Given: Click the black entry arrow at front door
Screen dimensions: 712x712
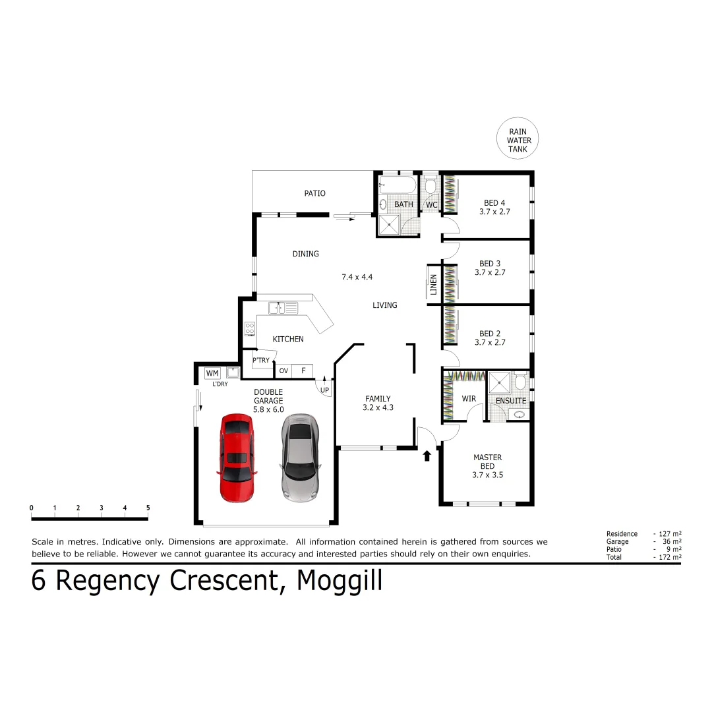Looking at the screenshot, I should (427, 455).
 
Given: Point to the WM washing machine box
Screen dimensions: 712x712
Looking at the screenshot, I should (212, 373).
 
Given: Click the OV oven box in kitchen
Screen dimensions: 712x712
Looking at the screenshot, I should (283, 371).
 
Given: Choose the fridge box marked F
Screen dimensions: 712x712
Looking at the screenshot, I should (303, 371).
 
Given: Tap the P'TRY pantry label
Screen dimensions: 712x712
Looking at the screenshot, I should (261, 360).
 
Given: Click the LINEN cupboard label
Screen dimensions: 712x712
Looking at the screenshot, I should (433, 284).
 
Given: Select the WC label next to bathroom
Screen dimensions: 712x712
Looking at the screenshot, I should (431, 205).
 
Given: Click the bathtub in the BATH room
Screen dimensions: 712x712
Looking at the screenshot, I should (398, 185).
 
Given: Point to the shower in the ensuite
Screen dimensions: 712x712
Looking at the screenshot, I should (500, 382).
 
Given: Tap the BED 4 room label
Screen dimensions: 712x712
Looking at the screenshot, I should (494, 203).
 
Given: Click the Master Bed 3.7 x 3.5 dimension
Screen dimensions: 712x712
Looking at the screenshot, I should (488, 475).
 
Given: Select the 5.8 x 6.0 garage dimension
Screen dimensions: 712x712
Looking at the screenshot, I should (268, 409).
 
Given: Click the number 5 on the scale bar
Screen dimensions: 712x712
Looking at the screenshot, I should (148, 508).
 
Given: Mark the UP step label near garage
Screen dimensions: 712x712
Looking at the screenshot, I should (324, 390).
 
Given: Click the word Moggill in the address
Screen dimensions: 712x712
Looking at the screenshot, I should (340, 581).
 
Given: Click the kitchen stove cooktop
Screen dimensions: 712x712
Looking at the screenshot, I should (250, 328).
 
